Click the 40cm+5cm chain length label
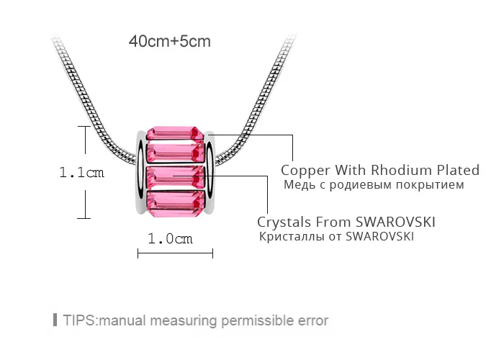click(170, 41)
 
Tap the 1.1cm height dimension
click(82, 172)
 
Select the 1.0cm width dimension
click(170, 238)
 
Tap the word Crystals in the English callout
click(284, 222)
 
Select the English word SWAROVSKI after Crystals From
click(395, 222)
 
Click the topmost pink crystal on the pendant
click(175, 133)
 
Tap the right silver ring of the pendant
click(210, 173)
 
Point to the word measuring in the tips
click(184, 321)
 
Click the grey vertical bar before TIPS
click(55, 320)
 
